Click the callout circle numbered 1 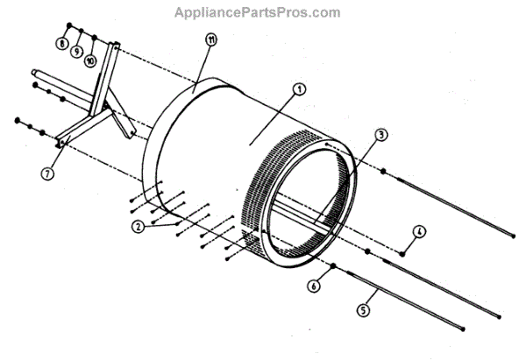click(298, 88)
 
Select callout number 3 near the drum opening click(381, 135)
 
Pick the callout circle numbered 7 click(46, 173)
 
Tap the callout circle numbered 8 click(62, 44)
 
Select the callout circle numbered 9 click(77, 52)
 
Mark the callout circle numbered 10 click(90, 60)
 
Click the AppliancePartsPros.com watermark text click(257, 12)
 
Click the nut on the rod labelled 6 click(335, 264)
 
